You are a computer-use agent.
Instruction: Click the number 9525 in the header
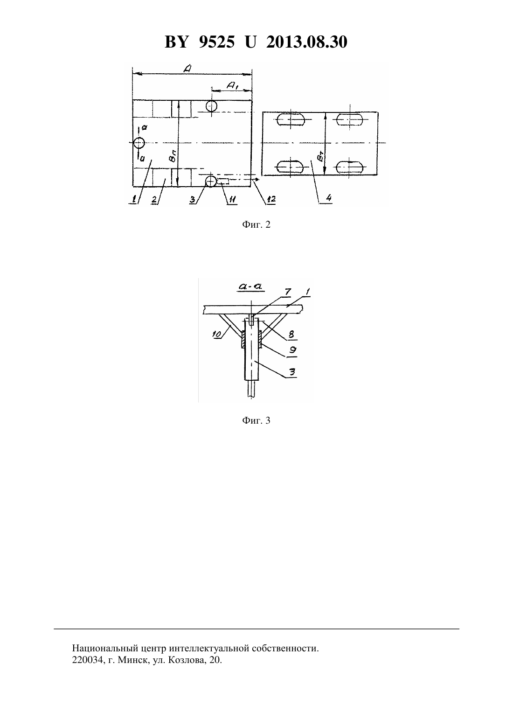pyautogui.click(x=216, y=42)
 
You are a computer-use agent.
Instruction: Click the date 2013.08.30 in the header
pyautogui.click(x=307, y=42)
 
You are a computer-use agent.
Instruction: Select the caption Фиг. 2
pyautogui.click(x=256, y=224)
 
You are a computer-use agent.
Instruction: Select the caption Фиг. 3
pyautogui.click(x=256, y=420)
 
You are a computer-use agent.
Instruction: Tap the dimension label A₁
pyautogui.click(x=233, y=85)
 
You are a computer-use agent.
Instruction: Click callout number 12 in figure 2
pyautogui.click(x=271, y=199)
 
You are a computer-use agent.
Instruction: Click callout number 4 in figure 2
pyautogui.click(x=328, y=197)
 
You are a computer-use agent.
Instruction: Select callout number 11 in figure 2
pyautogui.click(x=232, y=199)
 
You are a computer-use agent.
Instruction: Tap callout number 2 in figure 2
pyautogui.click(x=154, y=200)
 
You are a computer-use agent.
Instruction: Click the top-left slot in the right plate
pyautogui.click(x=291, y=120)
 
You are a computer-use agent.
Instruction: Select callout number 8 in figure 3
pyautogui.click(x=291, y=334)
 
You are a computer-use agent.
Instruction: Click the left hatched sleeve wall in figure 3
pyautogui.click(x=243, y=339)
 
